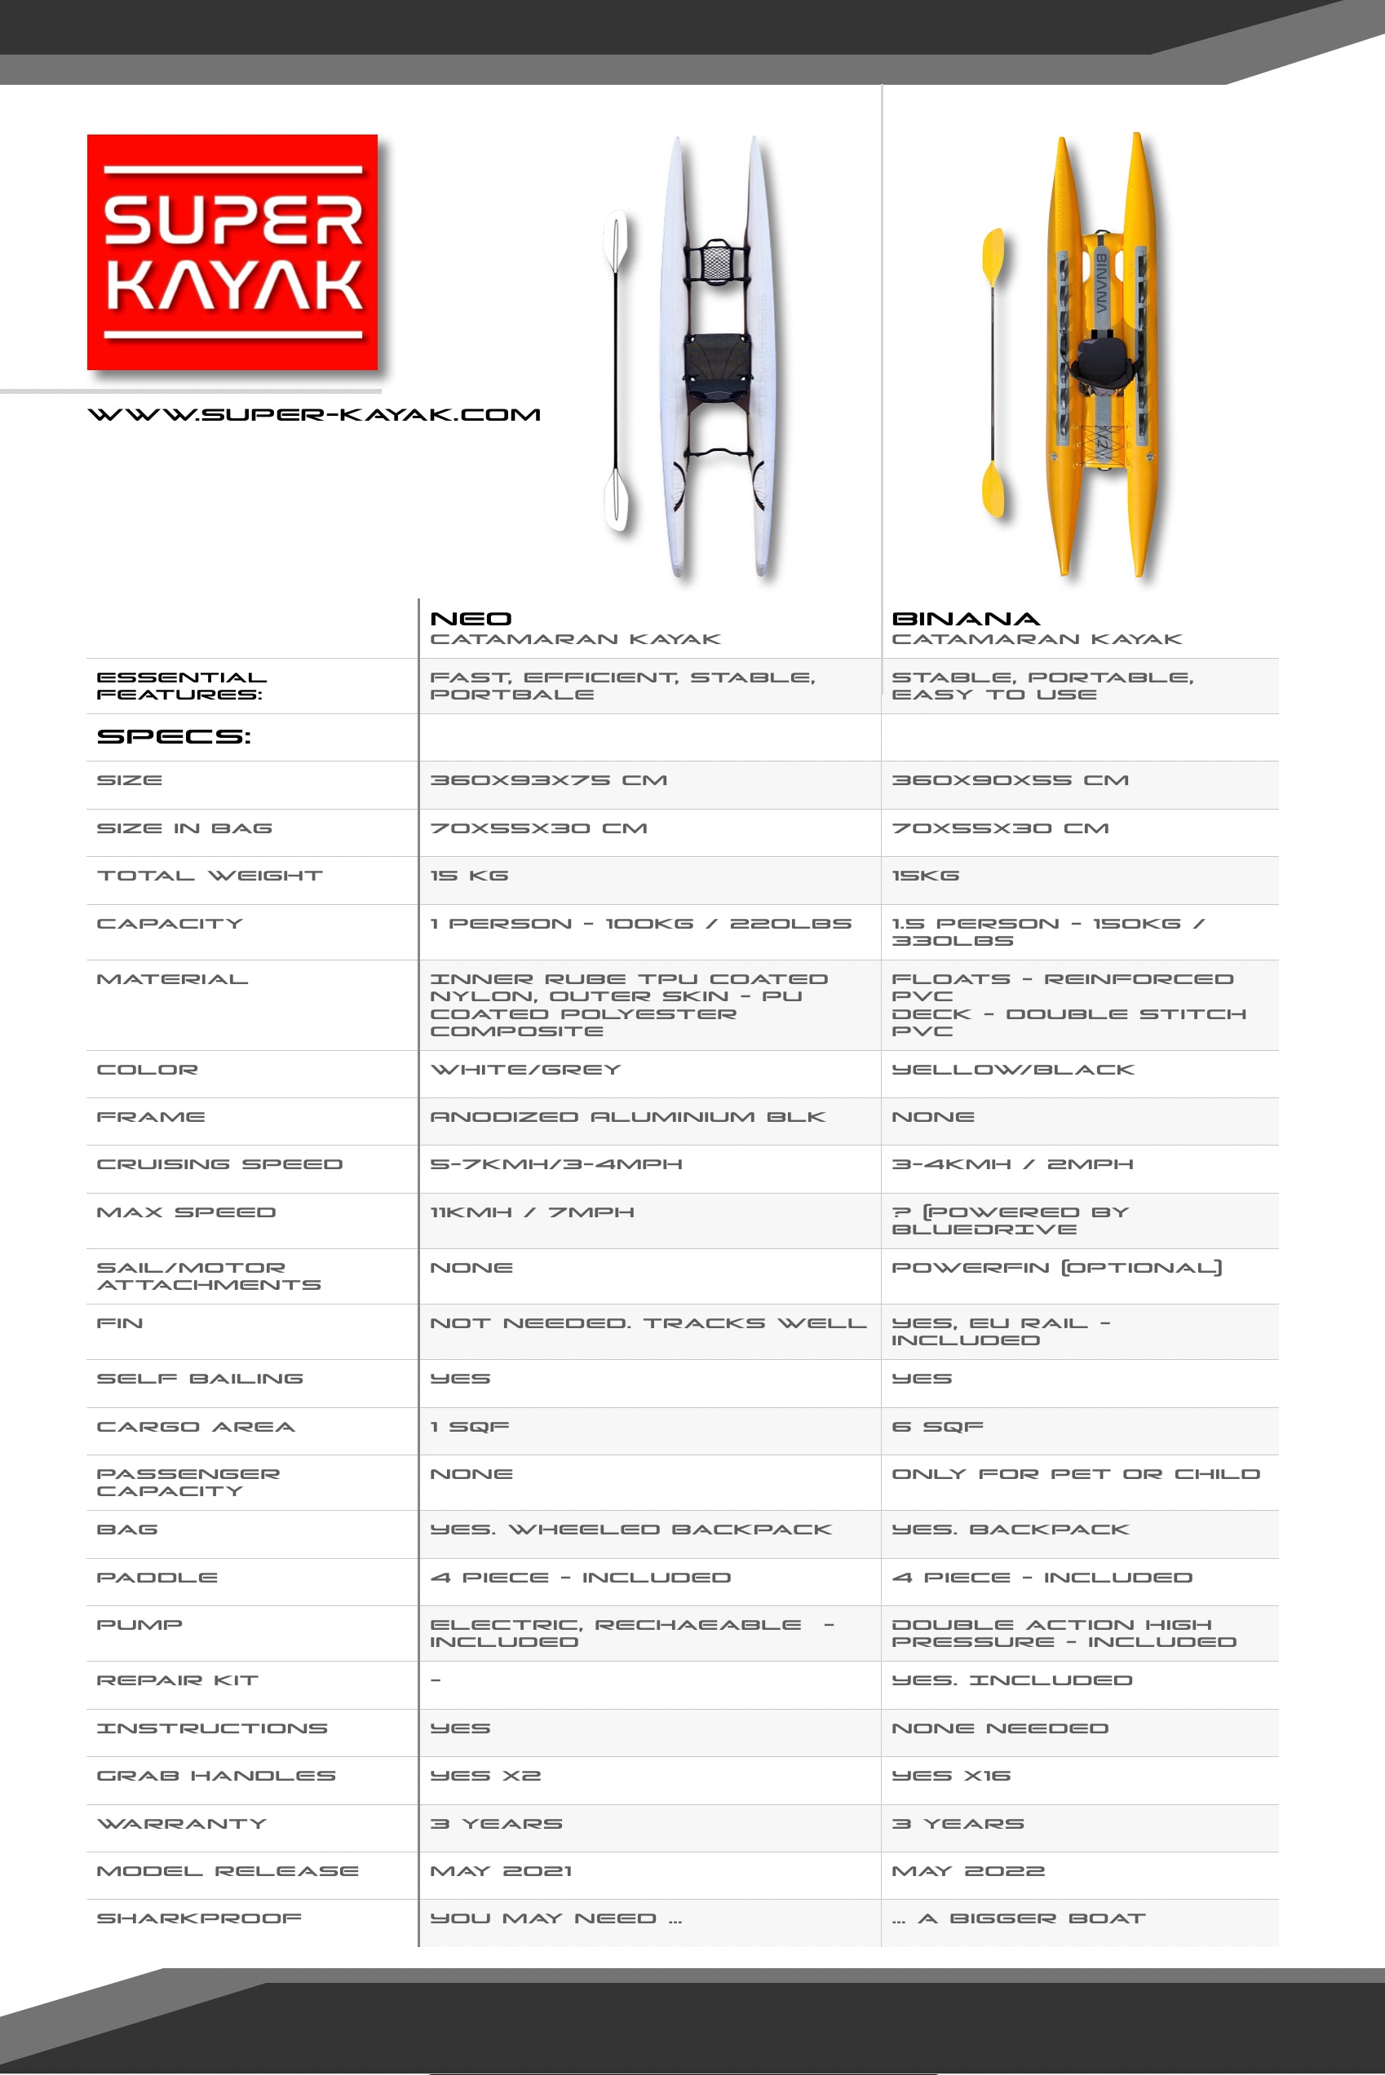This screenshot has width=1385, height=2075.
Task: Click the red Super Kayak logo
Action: [232, 252]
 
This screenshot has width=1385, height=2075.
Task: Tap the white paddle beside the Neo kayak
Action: [617, 371]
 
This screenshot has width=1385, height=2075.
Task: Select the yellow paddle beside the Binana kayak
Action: [993, 371]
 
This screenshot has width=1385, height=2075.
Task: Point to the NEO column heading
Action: [471, 619]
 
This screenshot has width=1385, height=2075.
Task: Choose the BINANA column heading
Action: [966, 619]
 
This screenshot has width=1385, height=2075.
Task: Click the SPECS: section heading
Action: [174, 736]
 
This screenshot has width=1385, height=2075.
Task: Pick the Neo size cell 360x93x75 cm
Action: [548, 780]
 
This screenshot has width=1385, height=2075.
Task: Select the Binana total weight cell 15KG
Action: [925, 876]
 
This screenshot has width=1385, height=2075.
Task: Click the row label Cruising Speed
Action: [219, 1164]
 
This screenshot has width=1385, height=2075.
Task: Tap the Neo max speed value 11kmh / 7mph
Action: [532, 1212]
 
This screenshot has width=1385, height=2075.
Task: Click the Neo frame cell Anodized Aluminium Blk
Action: [627, 1117]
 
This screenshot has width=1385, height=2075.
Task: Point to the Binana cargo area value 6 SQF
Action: [937, 1427]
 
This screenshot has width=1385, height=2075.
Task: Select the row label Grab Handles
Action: [215, 1776]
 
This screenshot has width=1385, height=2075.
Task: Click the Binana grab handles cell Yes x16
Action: [950, 1776]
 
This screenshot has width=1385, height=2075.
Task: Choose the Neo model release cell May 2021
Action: [501, 1871]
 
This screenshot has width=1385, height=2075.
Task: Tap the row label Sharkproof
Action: [199, 1918]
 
